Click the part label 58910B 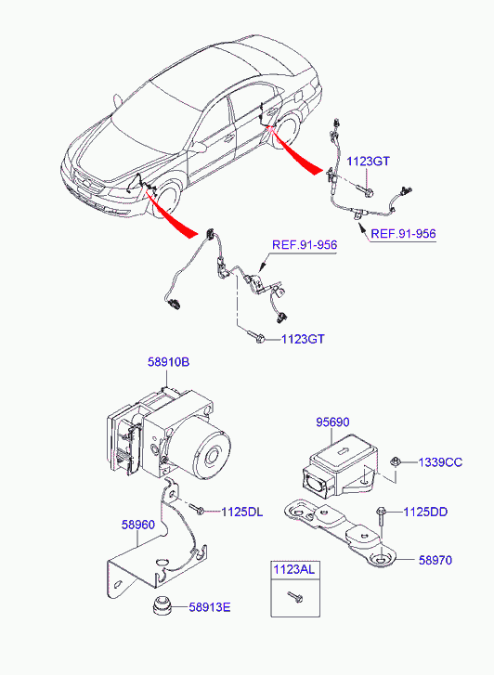pyautogui.click(x=168, y=362)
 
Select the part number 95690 pyautogui.click(x=332, y=422)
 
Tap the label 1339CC pyautogui.click(x=440, y=462)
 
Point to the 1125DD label pyautogui.click(x=425, y=512)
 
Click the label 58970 pyautogui.click(x=435, y=560)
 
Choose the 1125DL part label pyautogui.click(x=242, y=512)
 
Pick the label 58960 pyautogui.click(x=137, y=525)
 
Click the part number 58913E pyautogui.click(x=210, y=607)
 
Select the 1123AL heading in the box pyautogui.click(x=294, y=569)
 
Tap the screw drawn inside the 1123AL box pyautogui.click(x=296, y=597)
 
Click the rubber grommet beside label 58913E pyautogui.click(x=162, y=605)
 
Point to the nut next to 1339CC pyautogui.click(x=395, y=461)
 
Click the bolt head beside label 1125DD pyautogui.click(x=381, y=512)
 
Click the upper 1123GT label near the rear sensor pyautogui.click(x=369, y=161)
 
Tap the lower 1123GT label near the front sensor pyautogui.click(x=304, y=339)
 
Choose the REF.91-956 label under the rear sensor pyautogui.click(x=404, y=234)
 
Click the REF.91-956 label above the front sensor pyautogui.click(x=305, y=244)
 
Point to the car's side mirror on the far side pyautogui.click(x=118, y=100)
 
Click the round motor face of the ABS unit pyautogui.click(x=211, y=455)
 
